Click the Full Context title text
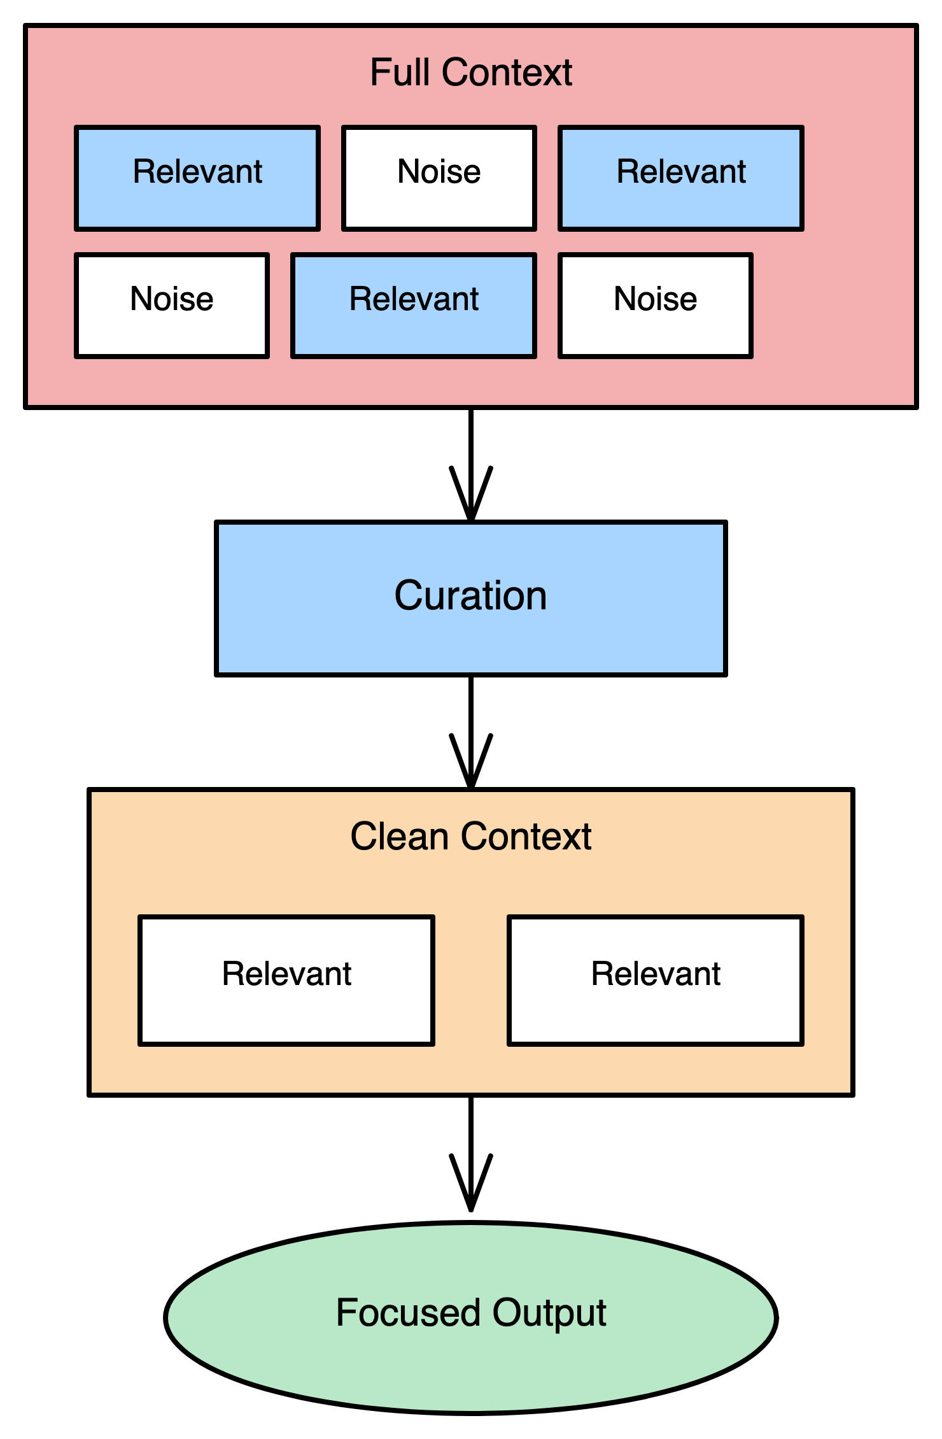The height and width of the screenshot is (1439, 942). tap(471, 73)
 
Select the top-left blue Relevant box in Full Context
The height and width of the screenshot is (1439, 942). tap(197, 178)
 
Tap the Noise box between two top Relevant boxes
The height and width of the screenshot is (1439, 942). tap(439, 178)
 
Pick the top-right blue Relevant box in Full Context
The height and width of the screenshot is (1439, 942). tap(681, 178)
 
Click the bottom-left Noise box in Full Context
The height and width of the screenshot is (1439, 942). tap(172, 306)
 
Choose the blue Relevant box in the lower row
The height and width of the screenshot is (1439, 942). tap(414, 306)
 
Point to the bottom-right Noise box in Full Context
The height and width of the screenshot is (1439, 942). tap(656, 306)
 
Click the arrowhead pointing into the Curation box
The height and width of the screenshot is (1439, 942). tap(471, 503)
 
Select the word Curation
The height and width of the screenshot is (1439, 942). tap(471, 596)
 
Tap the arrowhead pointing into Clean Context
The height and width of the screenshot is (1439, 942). tap(471, 770)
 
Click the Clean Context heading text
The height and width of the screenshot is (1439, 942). tap(471, 837)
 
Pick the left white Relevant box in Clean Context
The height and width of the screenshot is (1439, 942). tap(286, 981)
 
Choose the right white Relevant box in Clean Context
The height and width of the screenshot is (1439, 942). tap(656, 981)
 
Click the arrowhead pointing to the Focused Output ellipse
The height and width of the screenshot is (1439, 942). tap(471, 1191)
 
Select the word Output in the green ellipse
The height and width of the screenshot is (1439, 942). tap(549, 1314)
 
